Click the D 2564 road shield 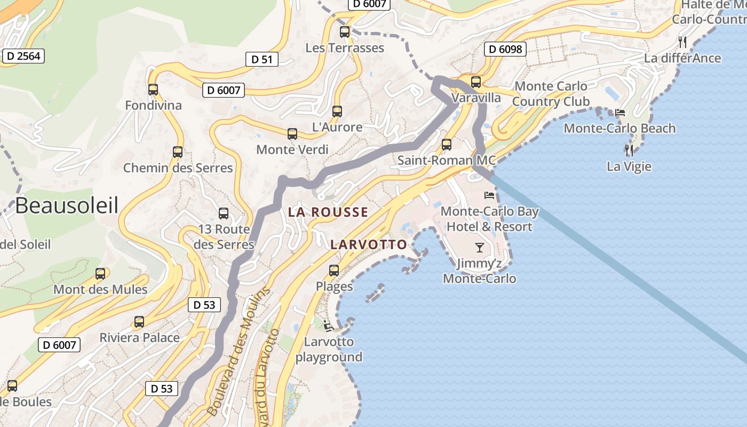tap(23, 56)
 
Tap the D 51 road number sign tap(262, 59)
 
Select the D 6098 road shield tap(505, 49)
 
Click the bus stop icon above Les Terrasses tap(345, 32)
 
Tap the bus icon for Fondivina tap(153, 90)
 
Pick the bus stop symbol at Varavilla tap(476, 82)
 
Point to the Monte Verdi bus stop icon tap(292, 134)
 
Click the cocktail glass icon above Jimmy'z tap(479, 248)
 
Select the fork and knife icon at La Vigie tap(630, 151)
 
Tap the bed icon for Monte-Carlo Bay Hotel tap(489, 195)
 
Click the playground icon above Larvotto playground tap(329, 325)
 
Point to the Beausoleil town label tap(67, 205)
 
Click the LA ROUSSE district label tap(328, 212)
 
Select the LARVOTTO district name tap(368, 244)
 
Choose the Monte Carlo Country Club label tap(551, 93)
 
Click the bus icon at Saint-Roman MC tap(447, 145)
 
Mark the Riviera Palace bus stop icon tap(139, 322)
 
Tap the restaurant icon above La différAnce tap(682, 42)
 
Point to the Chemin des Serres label tap(178, 168)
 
